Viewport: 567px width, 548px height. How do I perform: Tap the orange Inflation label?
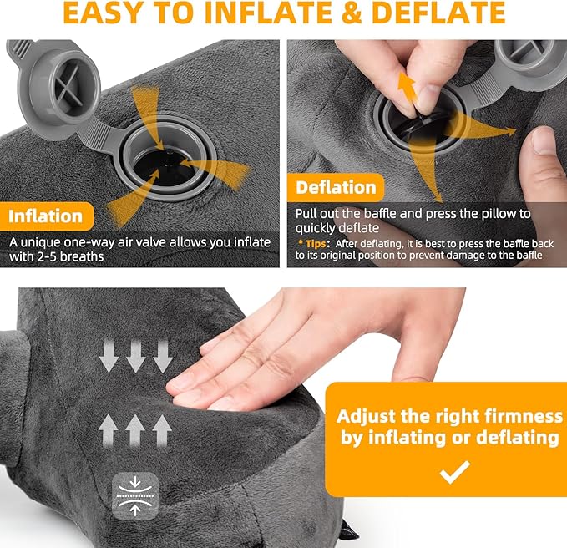pos(46,216)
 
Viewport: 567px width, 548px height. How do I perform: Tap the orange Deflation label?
pos(336,186)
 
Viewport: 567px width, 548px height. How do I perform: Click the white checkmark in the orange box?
pos(455,473)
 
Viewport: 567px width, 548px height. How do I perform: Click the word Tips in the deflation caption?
pos(318,242)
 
